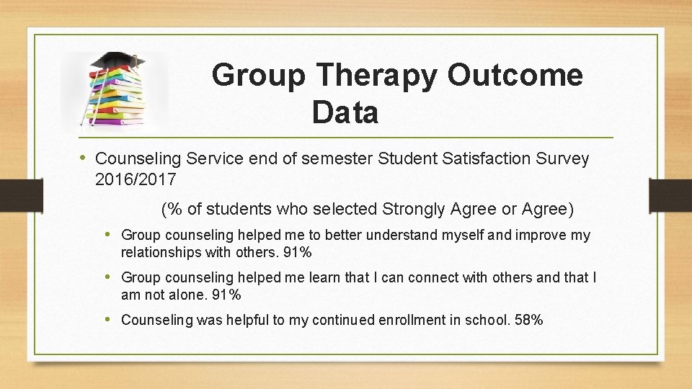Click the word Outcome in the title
tap(515, 75)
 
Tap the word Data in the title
tap(345, 113)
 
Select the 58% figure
tap(529, 319)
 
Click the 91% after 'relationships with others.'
tap(297, 252)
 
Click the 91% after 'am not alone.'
tap(226, 295)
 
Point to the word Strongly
tap(414, 210)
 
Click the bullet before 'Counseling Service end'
tap(83, 158)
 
